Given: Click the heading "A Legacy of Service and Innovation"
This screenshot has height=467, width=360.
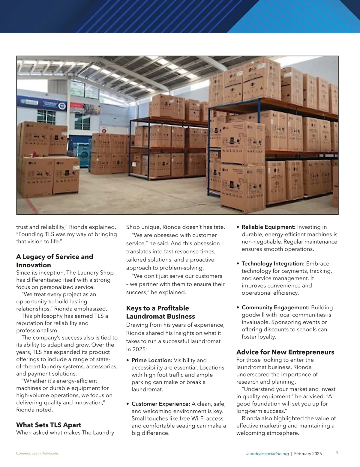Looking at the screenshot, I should tap(55, 261).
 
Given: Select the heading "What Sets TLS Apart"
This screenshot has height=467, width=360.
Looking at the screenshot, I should tap(49, 425).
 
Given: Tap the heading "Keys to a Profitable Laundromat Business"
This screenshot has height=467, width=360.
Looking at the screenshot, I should tap(160, 312).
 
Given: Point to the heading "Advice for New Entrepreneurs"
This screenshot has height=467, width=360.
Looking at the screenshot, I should tap(285, 352).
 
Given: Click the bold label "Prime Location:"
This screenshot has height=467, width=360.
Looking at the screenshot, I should tap(152, 360).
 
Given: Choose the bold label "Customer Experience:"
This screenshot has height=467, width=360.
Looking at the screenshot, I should tap(161, 404).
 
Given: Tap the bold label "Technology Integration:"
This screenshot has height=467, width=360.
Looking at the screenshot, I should tap(273, 264).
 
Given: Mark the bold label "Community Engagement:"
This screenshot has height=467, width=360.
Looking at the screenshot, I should tap(275, 308).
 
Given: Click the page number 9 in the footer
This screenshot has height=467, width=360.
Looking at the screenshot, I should tap(337, 453).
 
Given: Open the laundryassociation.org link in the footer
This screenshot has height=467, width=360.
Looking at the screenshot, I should tap(267, 454).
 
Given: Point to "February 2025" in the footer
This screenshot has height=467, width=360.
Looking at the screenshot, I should tap(308, 454).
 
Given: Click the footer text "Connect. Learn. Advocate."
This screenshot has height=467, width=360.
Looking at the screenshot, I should tap(37, 454).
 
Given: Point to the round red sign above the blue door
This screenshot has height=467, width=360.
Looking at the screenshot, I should tap(104, 131).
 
